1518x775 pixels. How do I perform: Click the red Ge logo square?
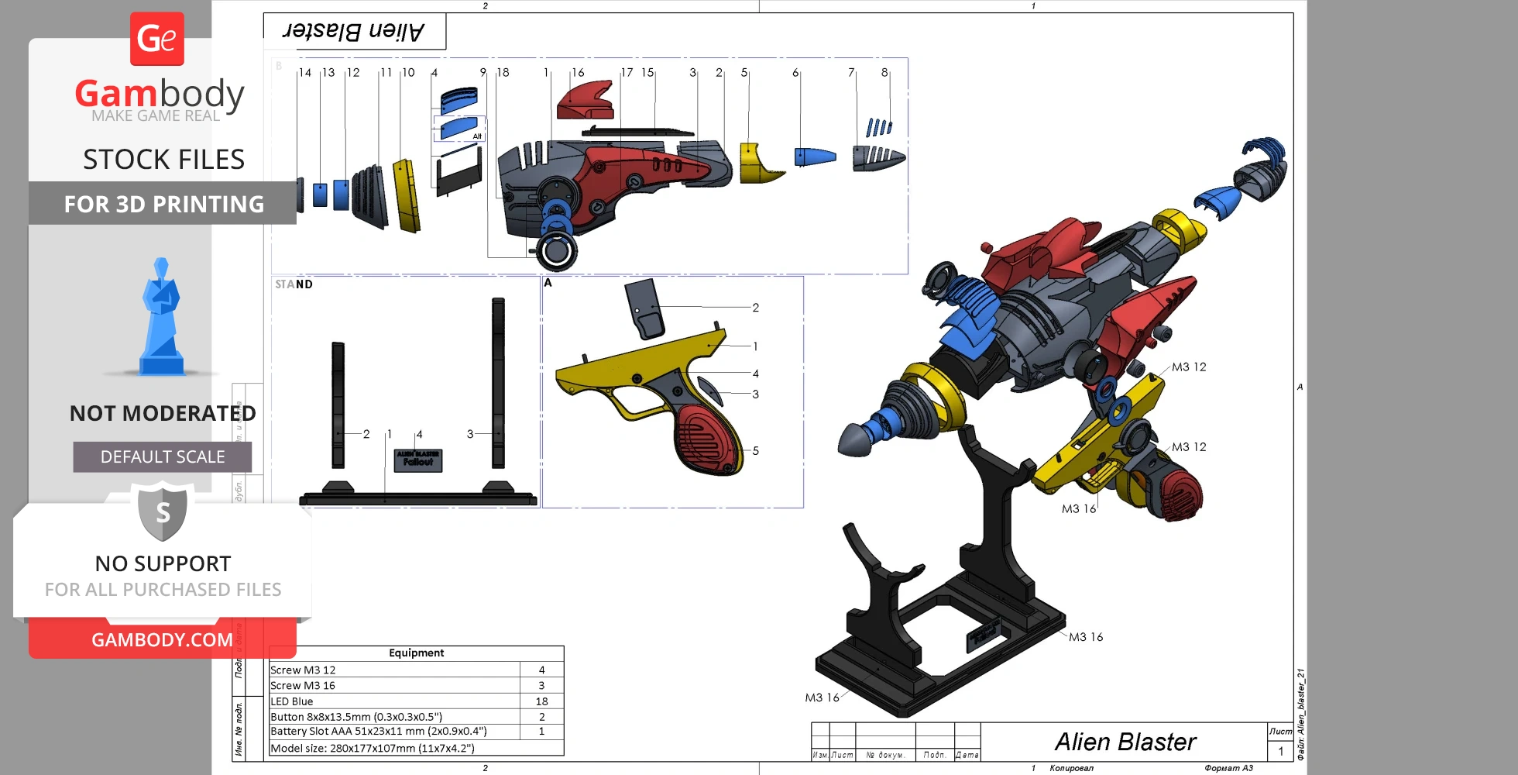[x=157, y=39]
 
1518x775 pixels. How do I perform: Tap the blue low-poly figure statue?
[x=161, y=318]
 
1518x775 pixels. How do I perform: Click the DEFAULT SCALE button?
[x=163, y=457]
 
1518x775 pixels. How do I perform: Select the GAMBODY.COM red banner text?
[x=162, y=640]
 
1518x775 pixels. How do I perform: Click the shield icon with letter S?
[x=163, y=511]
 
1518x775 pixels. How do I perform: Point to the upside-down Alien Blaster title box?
[x=355, y=32]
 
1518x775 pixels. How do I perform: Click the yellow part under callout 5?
[x=759, y=164]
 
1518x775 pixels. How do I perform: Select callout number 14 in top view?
[x=305, y=73]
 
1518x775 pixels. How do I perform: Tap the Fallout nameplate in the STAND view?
[x=418, y=460]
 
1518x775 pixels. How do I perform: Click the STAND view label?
[x=294, y=284]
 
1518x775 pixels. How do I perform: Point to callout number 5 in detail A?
[x=755, y=451]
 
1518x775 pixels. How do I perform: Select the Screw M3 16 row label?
[x=303, y=686]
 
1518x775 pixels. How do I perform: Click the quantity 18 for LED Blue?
[x=541, y=701]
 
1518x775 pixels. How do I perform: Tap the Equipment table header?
[x=416, y=653]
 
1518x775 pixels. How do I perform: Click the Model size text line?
[x=373, y=749]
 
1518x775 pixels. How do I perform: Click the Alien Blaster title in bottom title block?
[x=1125, y=742]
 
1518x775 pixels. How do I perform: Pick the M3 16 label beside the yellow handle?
[x=1078, y=509]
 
